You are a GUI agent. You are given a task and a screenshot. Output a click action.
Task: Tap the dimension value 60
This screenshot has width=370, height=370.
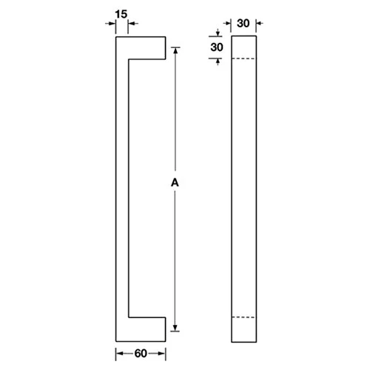point(140,353)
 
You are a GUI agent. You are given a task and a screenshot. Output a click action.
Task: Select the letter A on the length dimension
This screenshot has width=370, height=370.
point(175,181)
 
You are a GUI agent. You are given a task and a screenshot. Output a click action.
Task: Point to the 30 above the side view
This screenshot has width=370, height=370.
point(243,23)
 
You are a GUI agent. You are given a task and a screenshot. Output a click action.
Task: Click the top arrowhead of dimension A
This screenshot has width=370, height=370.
point(176,52)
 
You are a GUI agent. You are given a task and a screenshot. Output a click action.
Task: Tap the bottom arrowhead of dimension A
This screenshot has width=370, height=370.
point(176,329)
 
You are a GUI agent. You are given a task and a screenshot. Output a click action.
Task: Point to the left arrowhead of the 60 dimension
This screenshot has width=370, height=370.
point(119,353)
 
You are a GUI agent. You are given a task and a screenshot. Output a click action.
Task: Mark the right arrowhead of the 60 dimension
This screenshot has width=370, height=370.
point(161,353)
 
